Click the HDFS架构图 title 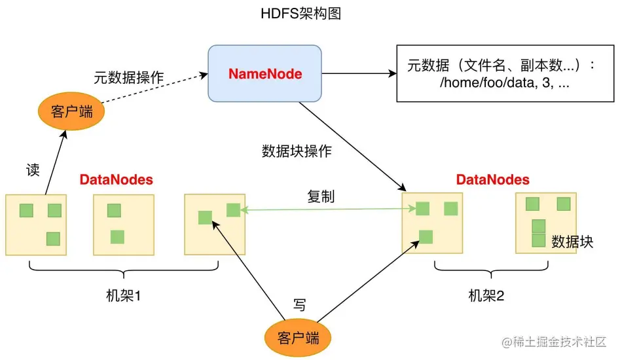coord(309,14)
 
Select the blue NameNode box coord(264,73)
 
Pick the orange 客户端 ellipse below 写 coord(298,338)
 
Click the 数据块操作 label coord(297,151)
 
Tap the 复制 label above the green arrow coord(321,196)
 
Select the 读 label coord(33,170)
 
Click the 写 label coord(299,304)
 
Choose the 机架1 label coord(124,295)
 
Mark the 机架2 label coord(486,295)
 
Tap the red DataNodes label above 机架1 coord(117,179)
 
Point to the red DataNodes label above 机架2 coord(493,179)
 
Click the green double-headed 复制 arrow coord(327,210)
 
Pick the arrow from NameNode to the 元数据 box coord(359,73)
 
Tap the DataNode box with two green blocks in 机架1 coord(123,223)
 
